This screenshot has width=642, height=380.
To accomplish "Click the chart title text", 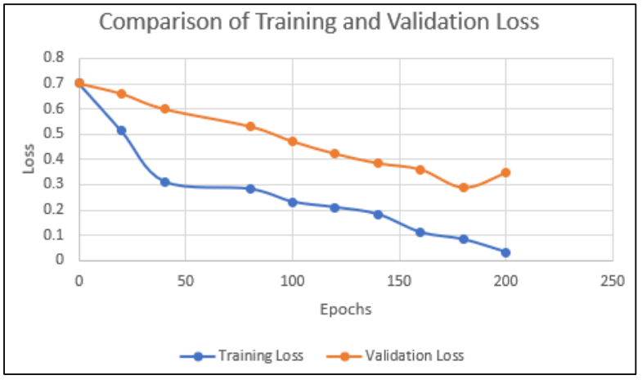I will (319, 22).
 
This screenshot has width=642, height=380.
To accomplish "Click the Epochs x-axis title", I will (346, 310).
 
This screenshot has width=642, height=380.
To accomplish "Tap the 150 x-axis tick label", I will (399, 281).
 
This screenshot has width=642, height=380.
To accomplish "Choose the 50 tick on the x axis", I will (185, 281).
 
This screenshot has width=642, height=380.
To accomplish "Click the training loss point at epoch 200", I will (506, 252).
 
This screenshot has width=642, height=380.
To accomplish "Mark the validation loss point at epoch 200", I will (506, 172).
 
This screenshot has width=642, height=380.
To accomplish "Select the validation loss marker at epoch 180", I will (464, 188).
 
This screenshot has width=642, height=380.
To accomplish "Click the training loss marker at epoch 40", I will (164, 182).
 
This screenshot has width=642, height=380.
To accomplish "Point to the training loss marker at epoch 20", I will (122, 130).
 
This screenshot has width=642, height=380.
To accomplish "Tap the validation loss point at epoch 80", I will (250, 126).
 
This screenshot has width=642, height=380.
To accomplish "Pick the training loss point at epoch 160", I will (420, 232).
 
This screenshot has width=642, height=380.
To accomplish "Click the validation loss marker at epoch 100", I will (293, 141).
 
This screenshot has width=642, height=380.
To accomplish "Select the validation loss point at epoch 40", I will (164, 109).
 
